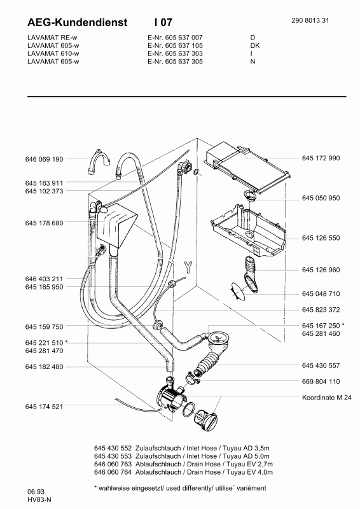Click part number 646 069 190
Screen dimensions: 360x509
click(x=44, y=159)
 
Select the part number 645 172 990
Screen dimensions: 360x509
click(x=321, y=158)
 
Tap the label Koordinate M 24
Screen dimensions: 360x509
click(x=326, y=397)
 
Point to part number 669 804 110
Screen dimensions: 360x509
click(x=321, y=381)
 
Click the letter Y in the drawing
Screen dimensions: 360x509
click(x=188, y=267)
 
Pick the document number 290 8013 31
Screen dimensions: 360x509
click(x=310, y=20)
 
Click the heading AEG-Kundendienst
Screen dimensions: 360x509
click(x=77, y=22)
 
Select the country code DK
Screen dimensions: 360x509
click(x=255, y=45)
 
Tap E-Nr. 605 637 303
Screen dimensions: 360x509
click(x=175, y=53)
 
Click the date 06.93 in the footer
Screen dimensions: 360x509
click(x=36, y=492)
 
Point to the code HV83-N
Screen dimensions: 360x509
click(x=39, y=500)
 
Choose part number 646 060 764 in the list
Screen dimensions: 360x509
click(x=113, y=472)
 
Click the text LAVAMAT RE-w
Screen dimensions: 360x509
click(x=52, y=38)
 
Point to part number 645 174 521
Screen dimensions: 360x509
click(x=44, y=407)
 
